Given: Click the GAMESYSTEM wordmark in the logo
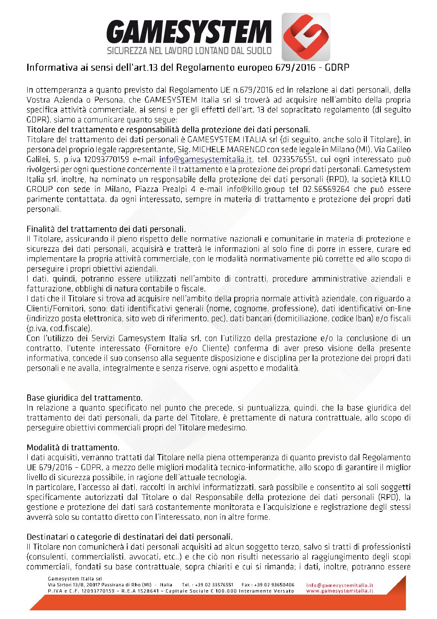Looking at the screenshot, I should point(189,32).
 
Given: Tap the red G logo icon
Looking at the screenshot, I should point(306,37).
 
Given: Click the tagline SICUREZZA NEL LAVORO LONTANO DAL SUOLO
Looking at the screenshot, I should point(189,51).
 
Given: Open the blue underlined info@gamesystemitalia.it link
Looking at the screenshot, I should point(205,160).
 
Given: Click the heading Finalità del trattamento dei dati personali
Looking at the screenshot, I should point(106,229).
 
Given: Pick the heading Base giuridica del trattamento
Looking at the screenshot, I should point(85,398).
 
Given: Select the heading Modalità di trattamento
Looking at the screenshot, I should point(73,447).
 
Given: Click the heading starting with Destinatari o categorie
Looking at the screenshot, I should point(129,537).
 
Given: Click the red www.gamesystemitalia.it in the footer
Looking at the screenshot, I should point(340,591).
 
